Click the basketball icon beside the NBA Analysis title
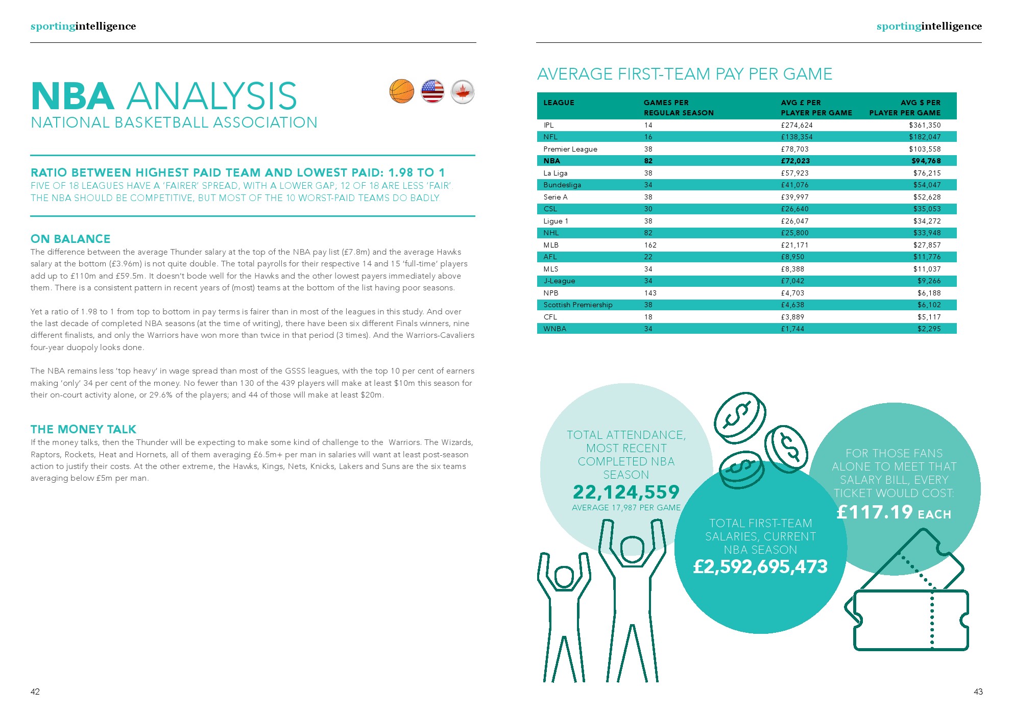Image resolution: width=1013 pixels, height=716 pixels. coord(402,91)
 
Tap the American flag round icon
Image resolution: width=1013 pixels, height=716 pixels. coord(432,91)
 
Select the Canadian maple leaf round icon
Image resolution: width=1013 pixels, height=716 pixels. coord(463,92)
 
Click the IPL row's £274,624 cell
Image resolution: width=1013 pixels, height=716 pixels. coord(797,125)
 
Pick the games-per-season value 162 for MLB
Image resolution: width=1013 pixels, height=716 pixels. coord(650,245)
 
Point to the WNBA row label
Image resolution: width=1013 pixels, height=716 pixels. coord(554,329)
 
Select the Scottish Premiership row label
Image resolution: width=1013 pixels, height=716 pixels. coord(577,305)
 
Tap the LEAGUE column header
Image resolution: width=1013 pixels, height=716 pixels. coord(559,103)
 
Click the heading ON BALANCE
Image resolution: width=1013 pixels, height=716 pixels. coord(70,239)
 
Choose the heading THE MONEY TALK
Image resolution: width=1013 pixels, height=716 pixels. coord(83,429)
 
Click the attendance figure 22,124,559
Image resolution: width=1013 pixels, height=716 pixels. coord(626,492)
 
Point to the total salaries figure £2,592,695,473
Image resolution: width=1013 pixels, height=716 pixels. coord(760,566)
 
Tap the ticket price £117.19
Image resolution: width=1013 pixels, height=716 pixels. coord(874,512)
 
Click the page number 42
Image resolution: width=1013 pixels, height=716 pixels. coord(35,692)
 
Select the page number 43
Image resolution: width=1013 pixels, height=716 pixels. coord(978,692)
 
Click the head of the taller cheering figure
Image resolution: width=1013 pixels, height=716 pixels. coord(632,550)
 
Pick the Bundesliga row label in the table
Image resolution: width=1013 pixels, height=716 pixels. coord(562,185)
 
